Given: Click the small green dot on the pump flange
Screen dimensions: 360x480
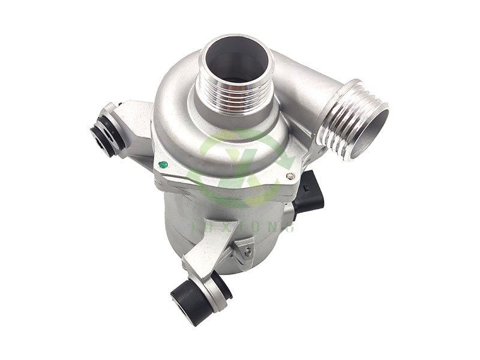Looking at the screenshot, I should [162, 164].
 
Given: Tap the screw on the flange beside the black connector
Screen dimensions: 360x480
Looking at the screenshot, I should [290, 176].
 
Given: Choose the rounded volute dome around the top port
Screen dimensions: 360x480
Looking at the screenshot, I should [180, 114].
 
